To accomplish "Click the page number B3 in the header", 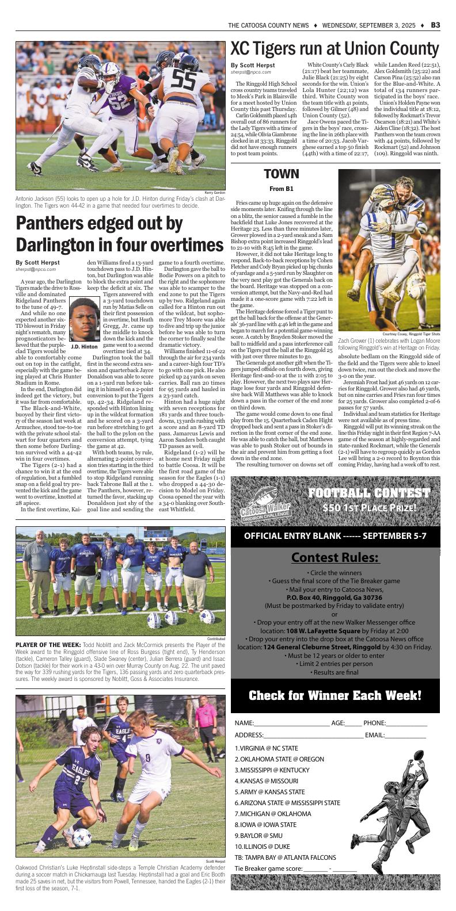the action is click(435, 25).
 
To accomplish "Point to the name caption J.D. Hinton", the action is click(84, 347).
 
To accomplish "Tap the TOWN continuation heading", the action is click(281, 174).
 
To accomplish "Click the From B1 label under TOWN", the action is click(281, 189).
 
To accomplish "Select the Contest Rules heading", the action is click(335, 557).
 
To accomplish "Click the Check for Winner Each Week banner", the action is click(335, 695).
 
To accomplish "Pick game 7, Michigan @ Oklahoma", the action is click(273, 814).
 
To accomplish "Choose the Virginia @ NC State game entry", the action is click(267, 748).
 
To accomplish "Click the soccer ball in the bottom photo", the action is click(82, 837).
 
